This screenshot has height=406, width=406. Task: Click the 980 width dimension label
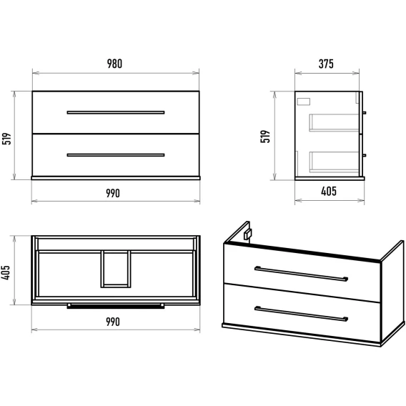[x=114, y=64]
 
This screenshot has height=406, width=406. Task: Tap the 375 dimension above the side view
[x=326, y=64]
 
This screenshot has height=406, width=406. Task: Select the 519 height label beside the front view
[x=7, y=139]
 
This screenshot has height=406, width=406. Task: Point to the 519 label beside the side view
[x=265, y=137]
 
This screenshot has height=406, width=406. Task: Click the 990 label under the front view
[x=113, y=193]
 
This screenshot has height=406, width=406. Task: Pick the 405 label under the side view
[x=329, y=192]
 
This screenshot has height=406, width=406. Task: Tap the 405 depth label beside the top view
[x=6, y=272]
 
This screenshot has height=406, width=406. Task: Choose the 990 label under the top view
[x=113, y=322]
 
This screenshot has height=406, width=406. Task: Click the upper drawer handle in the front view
[x=116, y=112]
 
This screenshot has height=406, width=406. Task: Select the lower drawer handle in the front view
[x=116, y=155]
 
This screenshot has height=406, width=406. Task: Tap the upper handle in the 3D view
[x=301, y=274]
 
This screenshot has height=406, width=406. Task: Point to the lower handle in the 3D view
[x=301, y=314]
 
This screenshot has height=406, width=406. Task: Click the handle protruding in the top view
[x=116, y=307]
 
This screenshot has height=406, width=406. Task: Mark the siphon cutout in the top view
[x=116, y=269]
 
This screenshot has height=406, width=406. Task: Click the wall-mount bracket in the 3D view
[x=247, y=234]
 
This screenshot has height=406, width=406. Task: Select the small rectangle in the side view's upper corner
[x=304, y=101]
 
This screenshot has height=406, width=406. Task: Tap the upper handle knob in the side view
[x=365, y=113]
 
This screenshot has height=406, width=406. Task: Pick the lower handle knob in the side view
[x=365, y=155]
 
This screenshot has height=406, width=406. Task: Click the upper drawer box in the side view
[x=334, y=123]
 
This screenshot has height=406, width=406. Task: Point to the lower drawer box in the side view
[x=334, y=162]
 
